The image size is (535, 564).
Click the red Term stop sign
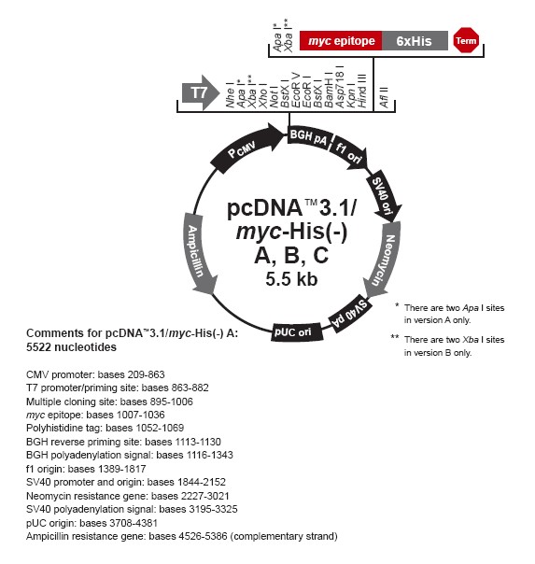[466, 40]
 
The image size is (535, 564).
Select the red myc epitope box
[341, 41]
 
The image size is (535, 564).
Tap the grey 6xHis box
[415, 41]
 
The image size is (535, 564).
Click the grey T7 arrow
[201, 92]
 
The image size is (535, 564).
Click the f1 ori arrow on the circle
[350, 153]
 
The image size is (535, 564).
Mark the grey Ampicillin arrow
[199, 254]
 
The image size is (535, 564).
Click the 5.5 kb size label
[291, 279]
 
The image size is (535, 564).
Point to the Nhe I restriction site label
[230, 95]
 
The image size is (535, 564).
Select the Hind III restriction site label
[361, 91]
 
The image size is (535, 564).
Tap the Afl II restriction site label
[384, 97]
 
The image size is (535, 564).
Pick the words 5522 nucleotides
[71, 347]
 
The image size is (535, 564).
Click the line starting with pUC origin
[92, 523]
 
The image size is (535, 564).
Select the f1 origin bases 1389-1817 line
[86, 469]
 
